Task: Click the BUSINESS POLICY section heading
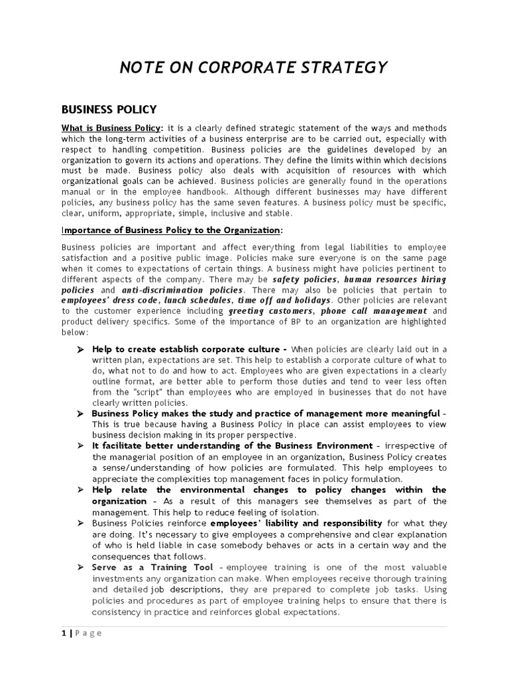click(x=109, y=109)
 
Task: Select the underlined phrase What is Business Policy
click(x=111, y=128)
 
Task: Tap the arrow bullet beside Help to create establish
click(x=80, y=349)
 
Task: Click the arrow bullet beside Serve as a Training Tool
click(x=80, y=567)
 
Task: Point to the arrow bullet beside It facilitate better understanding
click(x=80, y=446)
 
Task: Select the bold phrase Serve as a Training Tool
click(x=152, y=567)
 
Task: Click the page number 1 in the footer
click(x=64, y=633)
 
